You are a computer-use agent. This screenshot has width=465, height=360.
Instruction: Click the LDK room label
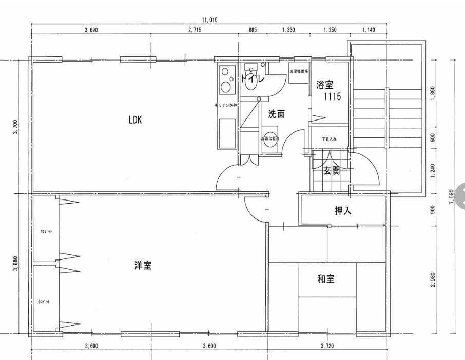click(x=135, y=121)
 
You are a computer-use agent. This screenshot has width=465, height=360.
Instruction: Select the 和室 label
click(x=326, y=279)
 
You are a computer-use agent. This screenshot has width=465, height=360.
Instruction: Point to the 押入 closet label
click(x=342, y=210)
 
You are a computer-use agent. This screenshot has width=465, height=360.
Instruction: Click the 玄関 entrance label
click(x=331, y=171)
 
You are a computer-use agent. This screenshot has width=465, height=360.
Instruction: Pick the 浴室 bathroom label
click(x=325, y=85)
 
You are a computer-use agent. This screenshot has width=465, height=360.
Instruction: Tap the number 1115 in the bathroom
click(x=332, y=96)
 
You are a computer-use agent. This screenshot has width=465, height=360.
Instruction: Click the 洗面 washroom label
click(x=277, y=114)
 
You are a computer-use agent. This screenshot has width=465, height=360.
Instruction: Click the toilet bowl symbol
click(x=251, y=82)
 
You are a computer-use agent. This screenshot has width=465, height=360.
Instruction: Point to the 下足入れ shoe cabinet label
click(x=329, y=139)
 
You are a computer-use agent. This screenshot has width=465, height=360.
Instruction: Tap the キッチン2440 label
click(x=225, y=105)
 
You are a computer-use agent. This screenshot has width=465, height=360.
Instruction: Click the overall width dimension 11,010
click(x=209, y=20)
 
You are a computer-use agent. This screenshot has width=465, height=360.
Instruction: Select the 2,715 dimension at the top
click(x=195, y=30)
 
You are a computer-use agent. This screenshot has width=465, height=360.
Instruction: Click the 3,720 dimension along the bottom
click(x=327, y=346)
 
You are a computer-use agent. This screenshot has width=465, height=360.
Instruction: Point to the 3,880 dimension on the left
click(x=15, y=264)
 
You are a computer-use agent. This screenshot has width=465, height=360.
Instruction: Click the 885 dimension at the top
click(x=253, y=30)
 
